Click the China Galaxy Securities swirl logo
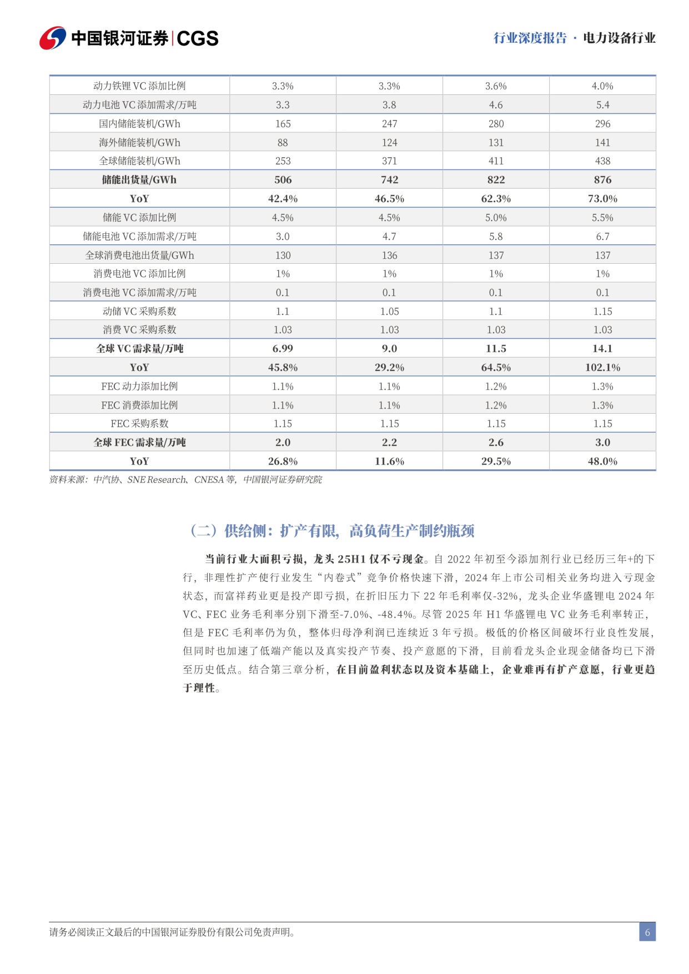(53, 38)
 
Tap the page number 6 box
(647, 932)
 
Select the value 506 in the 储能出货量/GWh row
(283, 180)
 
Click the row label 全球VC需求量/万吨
(139, 349)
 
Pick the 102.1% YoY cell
(602, 368)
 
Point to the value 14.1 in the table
(602, 349)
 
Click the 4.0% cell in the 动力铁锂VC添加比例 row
(602, 86)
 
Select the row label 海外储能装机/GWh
(139, 143)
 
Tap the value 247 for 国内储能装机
(389, 124)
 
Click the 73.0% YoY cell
(602, 199)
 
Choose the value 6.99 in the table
(283, 349)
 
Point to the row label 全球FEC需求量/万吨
(139, 443)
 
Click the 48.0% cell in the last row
(602, 461)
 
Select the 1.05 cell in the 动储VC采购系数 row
(389, 312)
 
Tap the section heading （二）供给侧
(332, 531)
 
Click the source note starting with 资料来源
(185, 480)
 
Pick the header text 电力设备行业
(619, 38)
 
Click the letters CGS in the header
(198, 38)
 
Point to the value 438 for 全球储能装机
(602, 161)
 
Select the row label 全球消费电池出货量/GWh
(139, 255)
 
